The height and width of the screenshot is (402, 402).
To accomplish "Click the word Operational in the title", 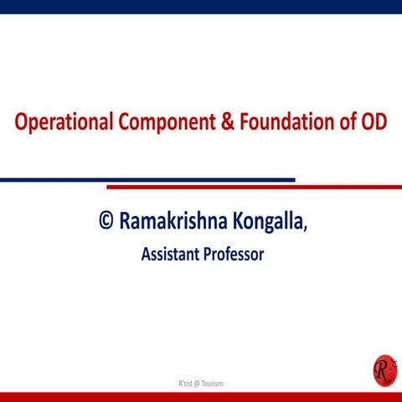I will coord(63,122).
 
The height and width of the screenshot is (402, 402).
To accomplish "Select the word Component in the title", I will coord(167,122).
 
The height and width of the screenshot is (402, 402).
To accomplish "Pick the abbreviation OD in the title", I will coord(374,122).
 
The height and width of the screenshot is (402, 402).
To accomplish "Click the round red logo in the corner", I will coord(384,369).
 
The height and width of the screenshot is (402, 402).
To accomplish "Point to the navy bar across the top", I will coord(201,7).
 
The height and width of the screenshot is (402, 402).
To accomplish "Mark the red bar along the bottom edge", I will coord(201,396).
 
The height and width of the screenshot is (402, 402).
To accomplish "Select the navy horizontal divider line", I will coord(147,179).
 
